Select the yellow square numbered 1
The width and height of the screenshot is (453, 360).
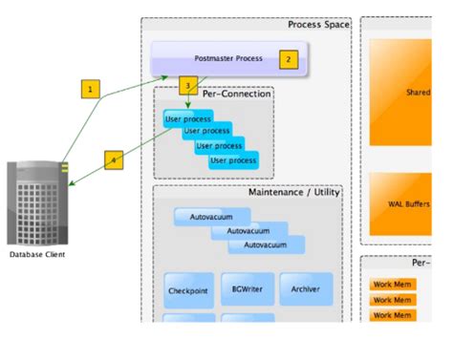click(x=90, y=89)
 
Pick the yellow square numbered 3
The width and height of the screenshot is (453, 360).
click(x=188, y=85)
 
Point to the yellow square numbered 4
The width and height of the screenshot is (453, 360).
click(x=114, y=160)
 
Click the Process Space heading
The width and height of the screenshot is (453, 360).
click(x=318, y=25)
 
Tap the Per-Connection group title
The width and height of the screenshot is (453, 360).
click(x=236, y=94)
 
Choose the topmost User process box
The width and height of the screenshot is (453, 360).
click(x=187, y=119)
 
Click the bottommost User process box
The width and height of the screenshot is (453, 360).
click(x=233, y=160)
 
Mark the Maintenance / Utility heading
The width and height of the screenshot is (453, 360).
click(x=293, y=192)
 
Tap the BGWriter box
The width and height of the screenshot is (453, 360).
click(x=248, y=287)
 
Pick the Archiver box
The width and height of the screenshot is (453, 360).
click(x=305, y=287)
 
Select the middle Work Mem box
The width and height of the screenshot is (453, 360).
click(x=392, y=300)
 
